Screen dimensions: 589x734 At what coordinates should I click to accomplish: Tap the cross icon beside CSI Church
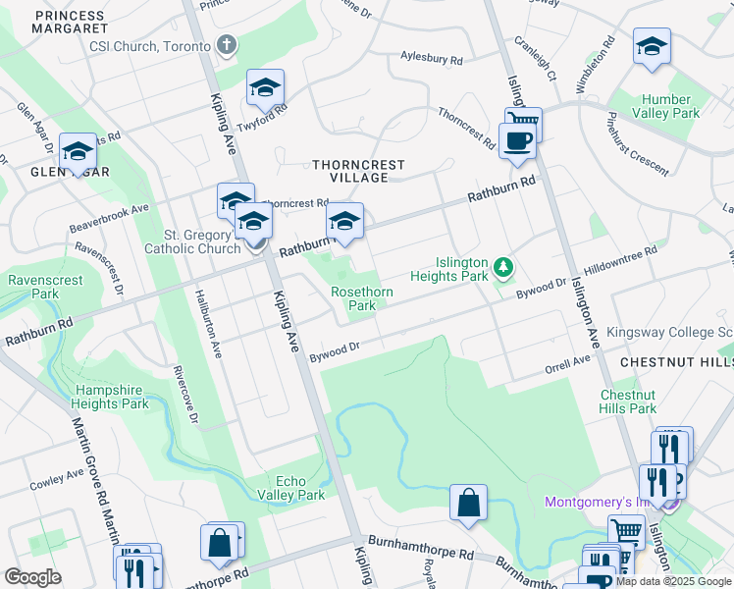click(228, 45)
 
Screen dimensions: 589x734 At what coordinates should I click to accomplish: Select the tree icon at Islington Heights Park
click(503, 267)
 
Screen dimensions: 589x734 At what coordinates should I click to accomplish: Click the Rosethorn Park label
click(361, 298)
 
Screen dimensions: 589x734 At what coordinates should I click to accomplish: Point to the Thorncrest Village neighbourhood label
click(351, 171)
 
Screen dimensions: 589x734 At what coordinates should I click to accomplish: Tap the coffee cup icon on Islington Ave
click(516, 140)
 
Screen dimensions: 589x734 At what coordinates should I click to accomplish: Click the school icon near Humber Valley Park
click(652, 48)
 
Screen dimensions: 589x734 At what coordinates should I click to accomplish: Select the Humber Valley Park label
click(671, 106)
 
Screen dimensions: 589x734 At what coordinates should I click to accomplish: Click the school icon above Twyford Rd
click(265, 89)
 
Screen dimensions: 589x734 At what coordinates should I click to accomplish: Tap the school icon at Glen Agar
click(78, 153)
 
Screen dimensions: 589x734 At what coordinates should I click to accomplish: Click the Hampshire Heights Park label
click(112, 397)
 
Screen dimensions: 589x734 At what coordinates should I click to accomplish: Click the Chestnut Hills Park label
click(628, 402)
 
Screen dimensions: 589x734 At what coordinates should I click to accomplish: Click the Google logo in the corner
click(32, 577)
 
